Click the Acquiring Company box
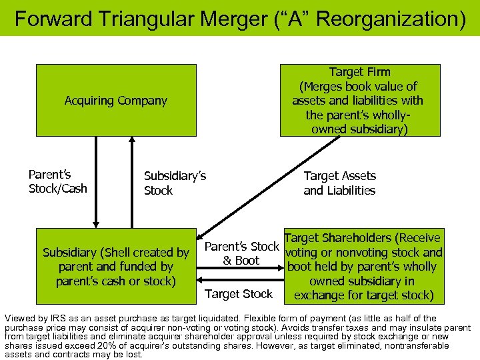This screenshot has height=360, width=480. pyautogui.click(x=116, y=100)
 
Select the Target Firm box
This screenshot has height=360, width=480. pyautogui.click(x=360, y=100)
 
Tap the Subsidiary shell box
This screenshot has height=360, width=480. pyautogui.click(x=116, y=267)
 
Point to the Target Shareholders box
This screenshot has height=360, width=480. pyautogui.click(x=363, y=267)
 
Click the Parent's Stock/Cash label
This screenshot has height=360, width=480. pyautogui.click(x=57, y=181)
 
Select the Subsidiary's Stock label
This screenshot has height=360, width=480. pyautogui.click(x=175, y=183)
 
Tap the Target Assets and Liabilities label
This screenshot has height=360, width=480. pyautogui.click(x=339, y=183)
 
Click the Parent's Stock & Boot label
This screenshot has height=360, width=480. pyautogui.click(x=241, y=253)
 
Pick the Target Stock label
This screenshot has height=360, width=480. pyautogui.click(x=238, y=294)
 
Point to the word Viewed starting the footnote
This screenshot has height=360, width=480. pyautogui.click(x=19, y=319)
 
